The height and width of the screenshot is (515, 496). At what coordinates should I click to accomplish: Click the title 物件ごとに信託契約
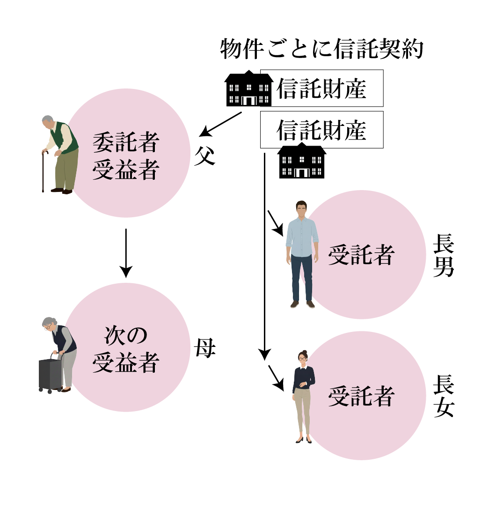pos(321,49)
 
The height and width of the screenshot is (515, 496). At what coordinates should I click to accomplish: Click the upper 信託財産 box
pos(321,88)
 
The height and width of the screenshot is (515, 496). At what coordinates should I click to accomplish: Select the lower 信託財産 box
pos(321,130)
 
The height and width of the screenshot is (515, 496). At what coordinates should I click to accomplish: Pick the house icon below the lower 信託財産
pos(302,162)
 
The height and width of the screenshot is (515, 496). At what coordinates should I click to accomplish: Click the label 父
pos(204,156)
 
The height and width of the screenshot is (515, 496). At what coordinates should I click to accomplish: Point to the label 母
pos(205,349)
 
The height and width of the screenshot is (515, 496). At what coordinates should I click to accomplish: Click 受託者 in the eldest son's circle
pos(361,256)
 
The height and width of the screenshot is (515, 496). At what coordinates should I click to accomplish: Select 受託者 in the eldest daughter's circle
pos(361,397)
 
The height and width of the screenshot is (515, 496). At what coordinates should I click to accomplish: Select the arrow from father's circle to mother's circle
pos(126,253)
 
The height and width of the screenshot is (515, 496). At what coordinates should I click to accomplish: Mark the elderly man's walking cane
pos(44,171)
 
